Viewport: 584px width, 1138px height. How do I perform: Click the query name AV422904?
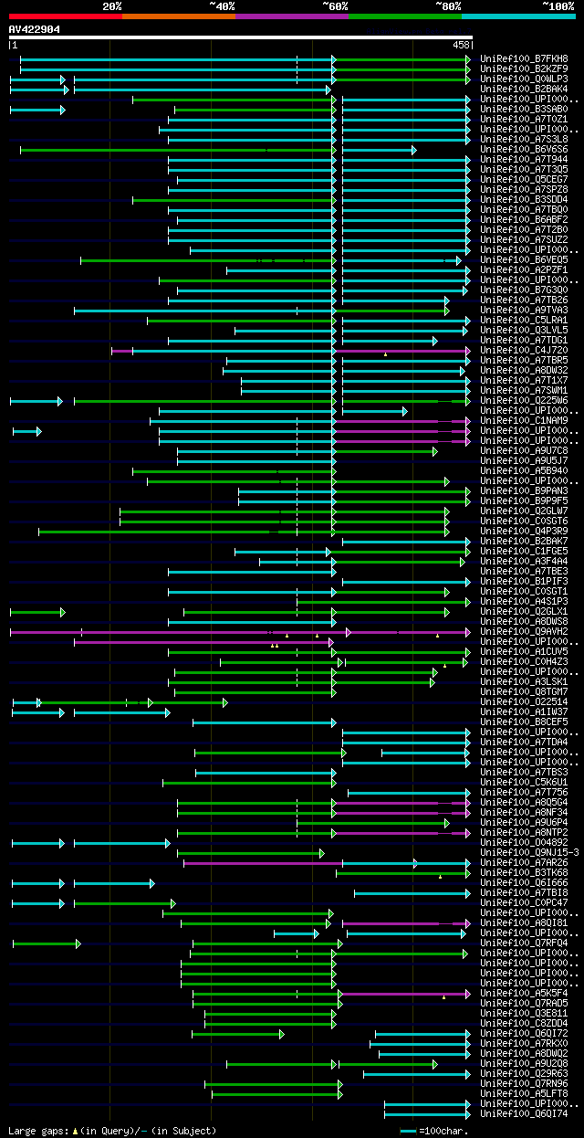pos(35,29)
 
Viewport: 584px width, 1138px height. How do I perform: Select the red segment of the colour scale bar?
pos(65,16)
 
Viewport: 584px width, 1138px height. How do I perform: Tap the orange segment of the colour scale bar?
pos(178,16)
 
